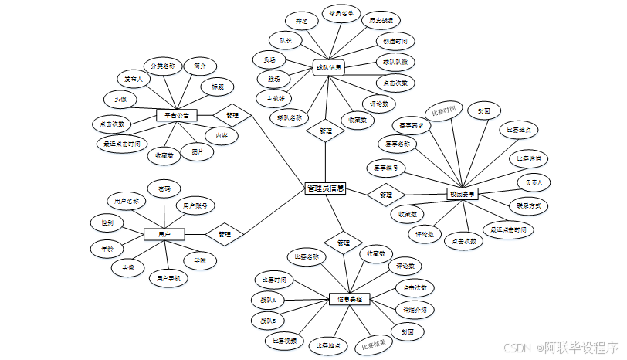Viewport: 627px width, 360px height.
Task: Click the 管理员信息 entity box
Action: pyautogui.click(x=325, y=188)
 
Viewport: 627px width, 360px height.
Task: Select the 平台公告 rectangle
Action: pyautogui.click(x=177, y=116)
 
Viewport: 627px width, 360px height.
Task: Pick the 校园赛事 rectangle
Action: pyautogui.click(x=463, y=195)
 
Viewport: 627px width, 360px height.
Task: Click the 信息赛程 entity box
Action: pyautogui.click(x=350, y=298)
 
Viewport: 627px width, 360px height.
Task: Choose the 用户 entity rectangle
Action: pyautogui.click(x=164, y=233)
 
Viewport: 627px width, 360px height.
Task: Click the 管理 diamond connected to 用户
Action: pyautogui.click(x=225, y=233)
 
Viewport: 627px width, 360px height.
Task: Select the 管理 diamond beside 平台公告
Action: pyautogui.click(x=232, y=116)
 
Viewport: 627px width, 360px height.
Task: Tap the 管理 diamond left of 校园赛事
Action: pyautogui.click(x=386, y=195)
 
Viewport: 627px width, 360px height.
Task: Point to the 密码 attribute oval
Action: pyautogui.click(x=164, y=188)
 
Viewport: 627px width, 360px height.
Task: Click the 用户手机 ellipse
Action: pyautogui.click(x=168, y=277)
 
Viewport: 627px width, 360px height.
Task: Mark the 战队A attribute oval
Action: pyautogui.click(x=269, y=298)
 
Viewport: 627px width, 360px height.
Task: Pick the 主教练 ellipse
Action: pyautogui.click(x=276, y=98)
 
